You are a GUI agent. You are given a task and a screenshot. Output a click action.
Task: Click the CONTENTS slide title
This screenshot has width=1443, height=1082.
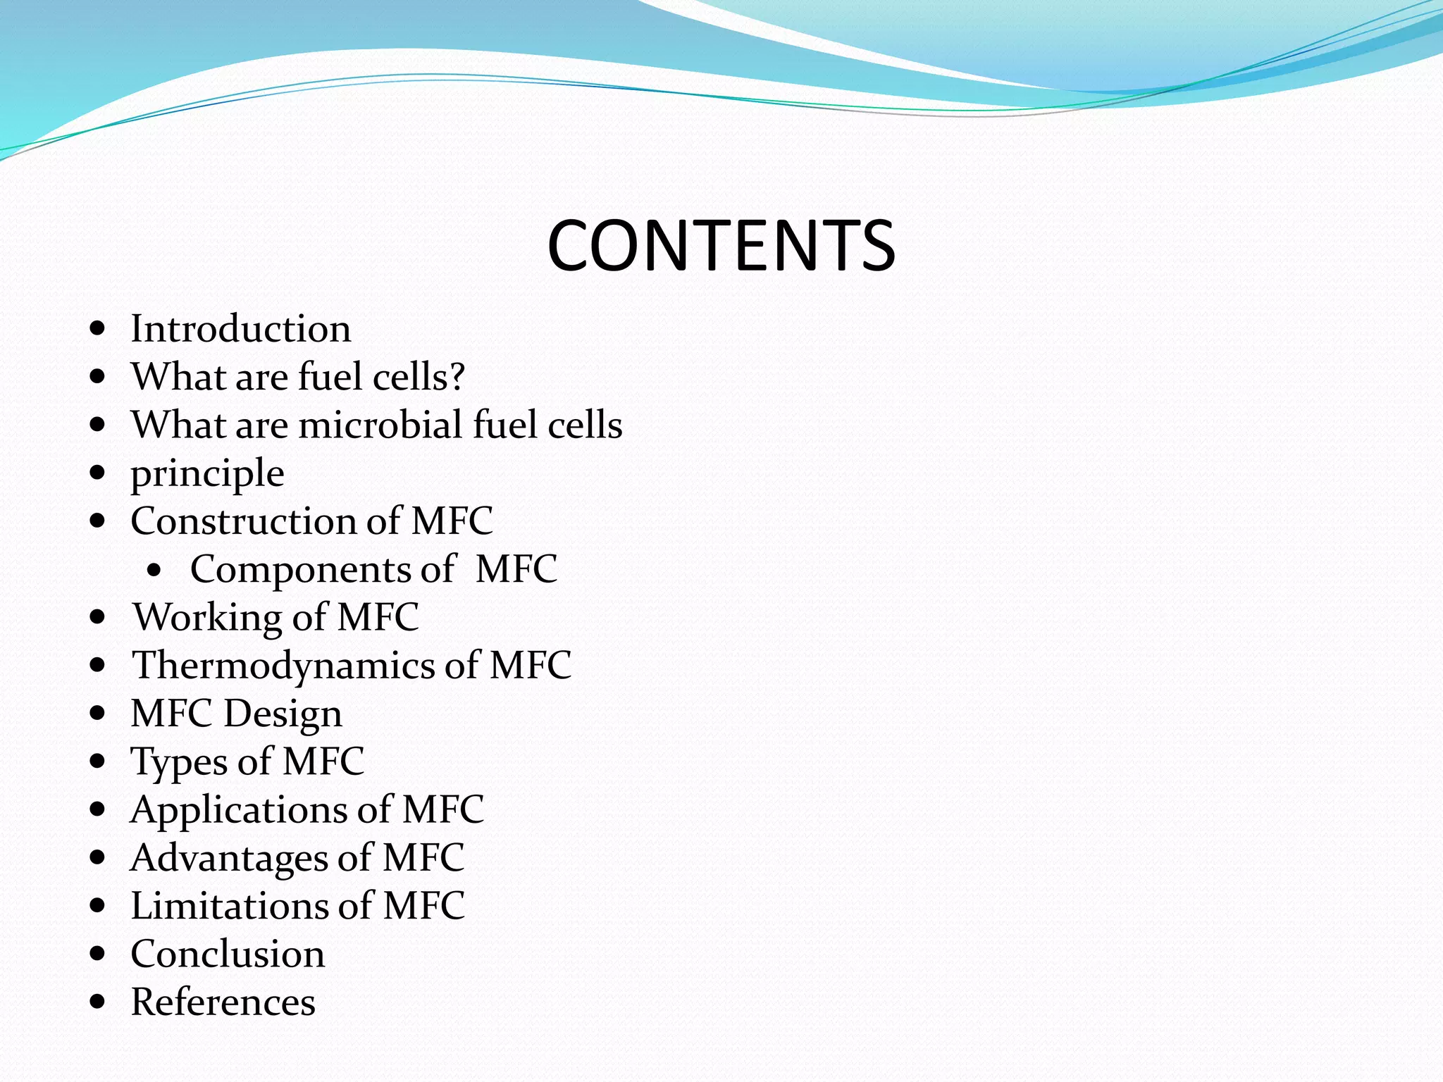[x=721, y=245]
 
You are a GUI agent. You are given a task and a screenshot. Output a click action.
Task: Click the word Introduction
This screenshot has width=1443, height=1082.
[x=240, y=329]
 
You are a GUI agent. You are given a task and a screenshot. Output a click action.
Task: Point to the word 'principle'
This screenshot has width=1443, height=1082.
[x=207, y=474]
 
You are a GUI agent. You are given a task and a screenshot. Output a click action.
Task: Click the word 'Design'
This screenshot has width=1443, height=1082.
[x=283, y=714]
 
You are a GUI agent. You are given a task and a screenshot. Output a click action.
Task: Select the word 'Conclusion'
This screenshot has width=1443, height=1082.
[x=228, y=954]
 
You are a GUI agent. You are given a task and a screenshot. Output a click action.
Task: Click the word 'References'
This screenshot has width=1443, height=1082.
[x=223, y=1002]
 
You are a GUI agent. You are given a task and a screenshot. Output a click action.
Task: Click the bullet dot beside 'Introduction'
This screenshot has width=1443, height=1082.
[x=98, y=328]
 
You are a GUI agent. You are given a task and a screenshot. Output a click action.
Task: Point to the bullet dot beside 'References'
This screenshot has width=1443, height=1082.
[x=98, y=1001]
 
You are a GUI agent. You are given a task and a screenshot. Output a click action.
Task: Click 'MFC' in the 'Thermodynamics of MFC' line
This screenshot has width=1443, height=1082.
[x=530, y=665]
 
